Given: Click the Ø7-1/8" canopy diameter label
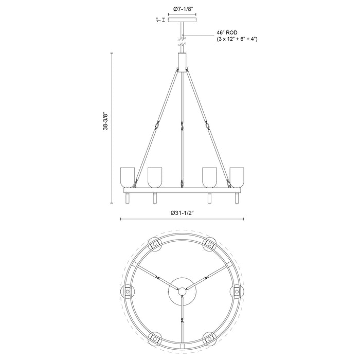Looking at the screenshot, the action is [x=182, y=9].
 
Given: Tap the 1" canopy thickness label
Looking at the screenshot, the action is [x=158, y=20].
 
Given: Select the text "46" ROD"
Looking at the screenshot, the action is [x=227, y=32].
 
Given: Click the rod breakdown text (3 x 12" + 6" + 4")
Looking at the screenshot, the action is [x=237, y=39].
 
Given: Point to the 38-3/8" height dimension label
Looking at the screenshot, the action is [x=105, y=121].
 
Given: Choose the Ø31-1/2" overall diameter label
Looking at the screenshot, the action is [x=182, y=213].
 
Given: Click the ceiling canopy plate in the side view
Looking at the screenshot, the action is [x=182, y=20].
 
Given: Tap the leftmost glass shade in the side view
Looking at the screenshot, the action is [x=128, y=177].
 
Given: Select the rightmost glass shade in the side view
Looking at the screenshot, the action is [x=237, y=177].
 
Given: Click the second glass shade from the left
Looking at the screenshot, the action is [x=155, y=177].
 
